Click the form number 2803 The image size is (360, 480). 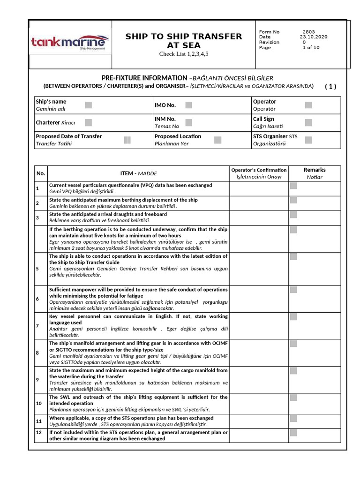pos(309,32)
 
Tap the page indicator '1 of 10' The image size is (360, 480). pos(311,47)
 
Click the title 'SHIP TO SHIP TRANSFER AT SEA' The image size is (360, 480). pos(184,41)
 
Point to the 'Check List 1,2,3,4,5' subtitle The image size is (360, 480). pos(184,54)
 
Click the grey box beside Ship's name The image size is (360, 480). pos(89,105)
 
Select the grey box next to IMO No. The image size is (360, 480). pos(188,105)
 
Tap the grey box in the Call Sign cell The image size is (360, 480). pos(308,122)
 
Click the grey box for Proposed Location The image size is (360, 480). pos(217,140)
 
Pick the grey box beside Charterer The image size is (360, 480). pos(89,122)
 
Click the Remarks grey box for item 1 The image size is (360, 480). pos(293,186)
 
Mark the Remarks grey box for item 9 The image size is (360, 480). pos(293,371)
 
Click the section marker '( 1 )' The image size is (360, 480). pos(330,86)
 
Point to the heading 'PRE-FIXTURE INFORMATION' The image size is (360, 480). pos(144,77)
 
